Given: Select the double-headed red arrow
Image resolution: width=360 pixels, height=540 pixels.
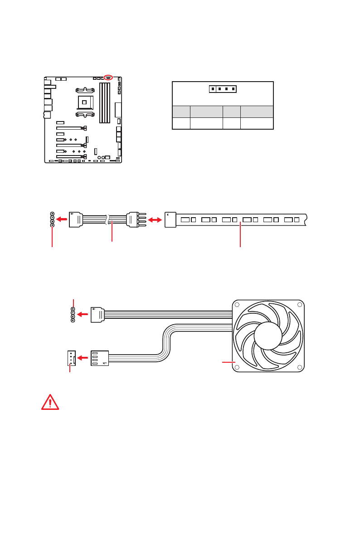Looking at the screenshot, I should [x=155, y=220].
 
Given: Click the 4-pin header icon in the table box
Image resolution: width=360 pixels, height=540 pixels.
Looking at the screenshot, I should [x=223, y=89].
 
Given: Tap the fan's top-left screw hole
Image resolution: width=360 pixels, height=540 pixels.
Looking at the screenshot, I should [x=238, y=305].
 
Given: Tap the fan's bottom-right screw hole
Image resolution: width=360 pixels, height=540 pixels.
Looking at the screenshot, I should [x=299, y=367].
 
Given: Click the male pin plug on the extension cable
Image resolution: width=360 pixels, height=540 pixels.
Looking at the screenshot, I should [x=135, y=220].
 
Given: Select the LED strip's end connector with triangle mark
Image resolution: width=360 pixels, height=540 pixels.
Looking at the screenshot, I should [x=170, y=220].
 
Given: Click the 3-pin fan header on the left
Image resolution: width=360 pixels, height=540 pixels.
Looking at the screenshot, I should [x=70, y=358].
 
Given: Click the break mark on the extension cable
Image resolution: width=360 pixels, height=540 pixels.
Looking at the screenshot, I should [x=107, y=220].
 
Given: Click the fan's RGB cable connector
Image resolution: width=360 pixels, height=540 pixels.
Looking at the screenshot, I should [x=97, y=314].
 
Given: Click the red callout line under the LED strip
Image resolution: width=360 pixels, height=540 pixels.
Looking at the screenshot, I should [x=240, y=235].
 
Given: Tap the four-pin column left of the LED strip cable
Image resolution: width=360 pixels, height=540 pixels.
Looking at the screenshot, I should [x=52, y=219].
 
